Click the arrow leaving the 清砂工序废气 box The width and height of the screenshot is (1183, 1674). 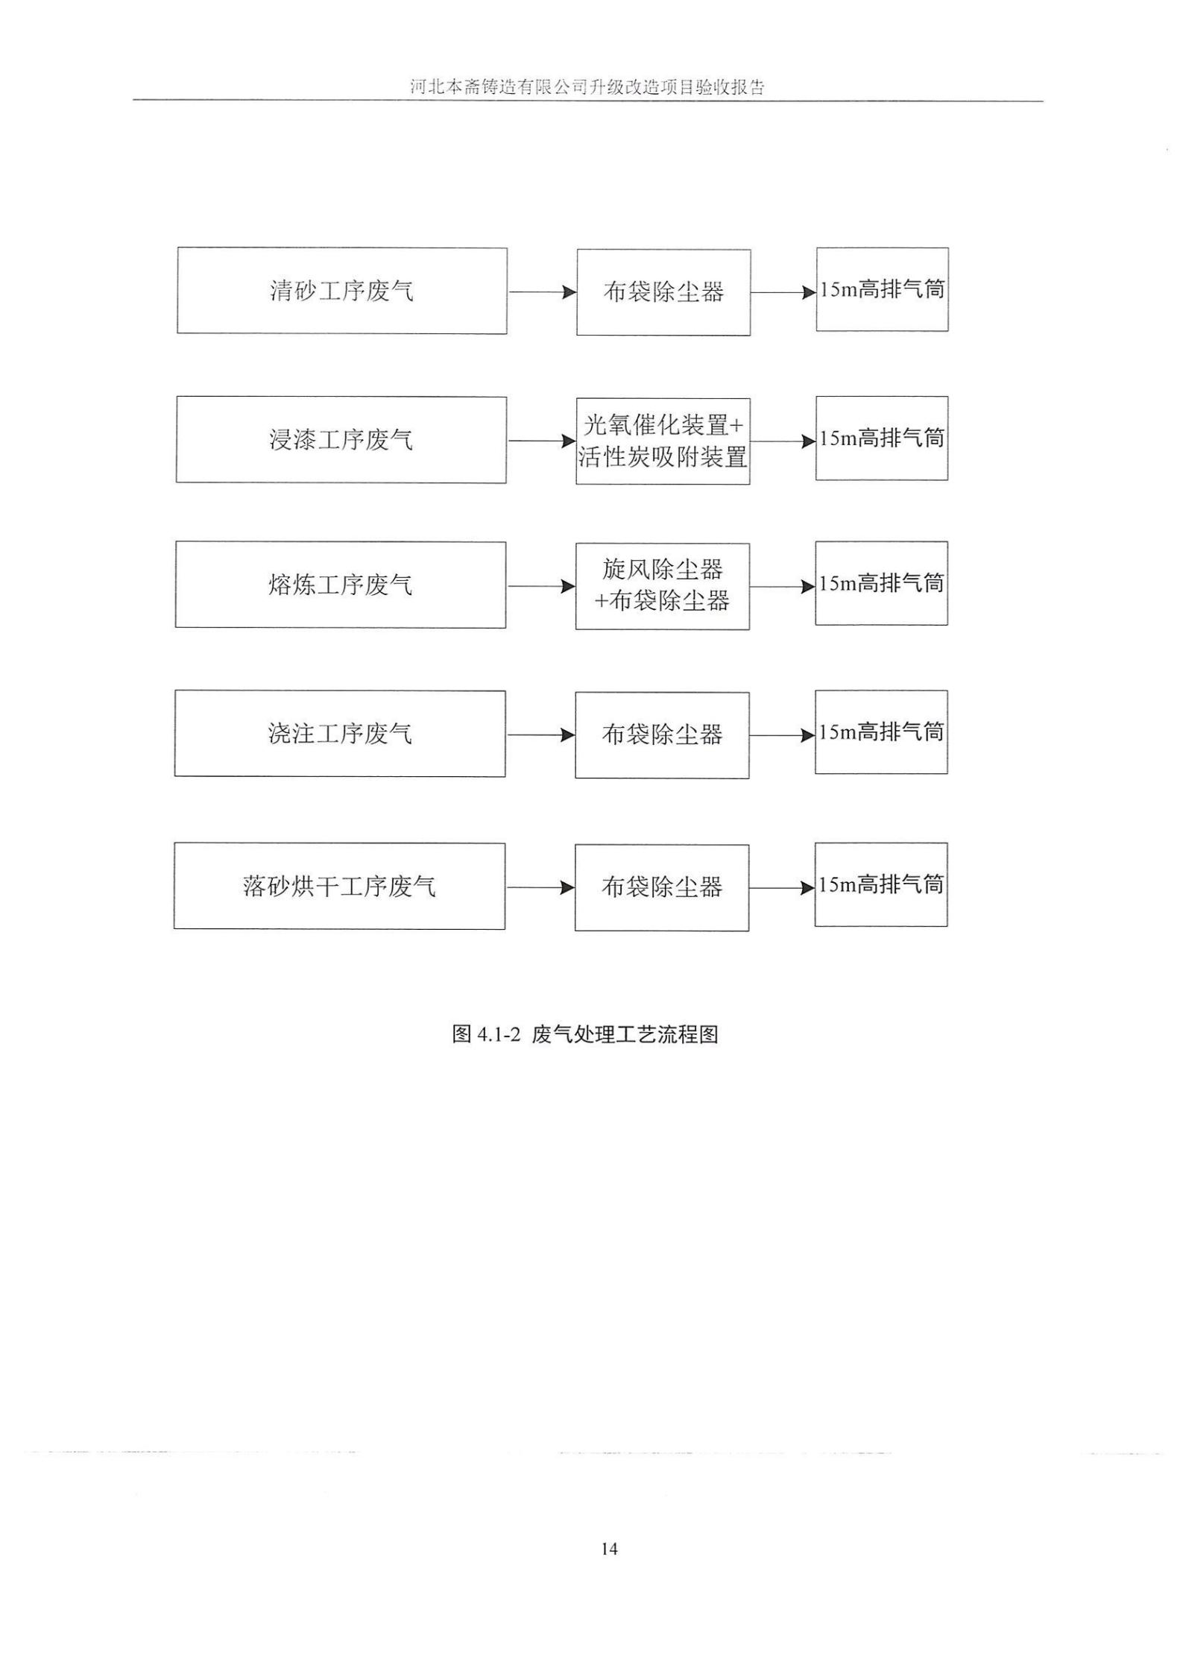(x=542, y=292)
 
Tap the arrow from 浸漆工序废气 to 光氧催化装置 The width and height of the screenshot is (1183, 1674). (x=542, y=441)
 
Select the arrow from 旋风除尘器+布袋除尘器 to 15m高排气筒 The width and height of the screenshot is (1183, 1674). (x=782, y=587)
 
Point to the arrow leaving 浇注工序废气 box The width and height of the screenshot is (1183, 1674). (x=540, y=735)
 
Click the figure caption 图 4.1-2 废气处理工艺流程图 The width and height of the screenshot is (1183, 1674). (x=585, y=1034)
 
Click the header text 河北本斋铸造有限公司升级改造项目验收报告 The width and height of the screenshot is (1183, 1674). (x=587, y=87)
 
